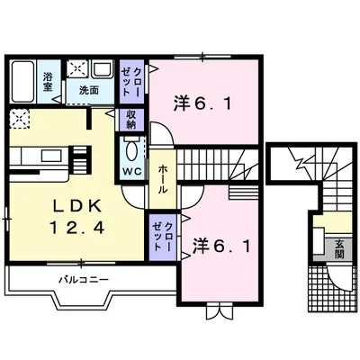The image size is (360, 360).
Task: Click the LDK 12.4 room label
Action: point(78,217)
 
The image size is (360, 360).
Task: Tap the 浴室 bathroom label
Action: point(48,81)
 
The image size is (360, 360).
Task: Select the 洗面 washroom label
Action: point(89,90)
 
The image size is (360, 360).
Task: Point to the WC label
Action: point(132,171)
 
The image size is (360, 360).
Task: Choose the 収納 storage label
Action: point(130,120)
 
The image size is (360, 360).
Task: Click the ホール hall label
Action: point(163,178)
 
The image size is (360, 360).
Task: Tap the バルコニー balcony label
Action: point(84,281)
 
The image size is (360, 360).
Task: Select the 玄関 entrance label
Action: point(339,250)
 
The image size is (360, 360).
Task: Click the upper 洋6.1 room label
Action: point(202,103)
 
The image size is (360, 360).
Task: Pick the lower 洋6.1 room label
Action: point(221,247)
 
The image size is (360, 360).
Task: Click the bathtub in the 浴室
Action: point(22,81)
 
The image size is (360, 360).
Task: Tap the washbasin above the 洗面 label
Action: point(103,69)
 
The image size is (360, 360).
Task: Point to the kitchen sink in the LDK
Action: point(52,156)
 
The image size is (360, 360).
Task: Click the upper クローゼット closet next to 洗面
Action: point(132,82)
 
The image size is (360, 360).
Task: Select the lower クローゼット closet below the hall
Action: point(162,237)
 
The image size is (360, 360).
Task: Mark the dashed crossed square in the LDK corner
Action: point(20,119)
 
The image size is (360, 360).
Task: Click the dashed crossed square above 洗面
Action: point(77,69)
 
